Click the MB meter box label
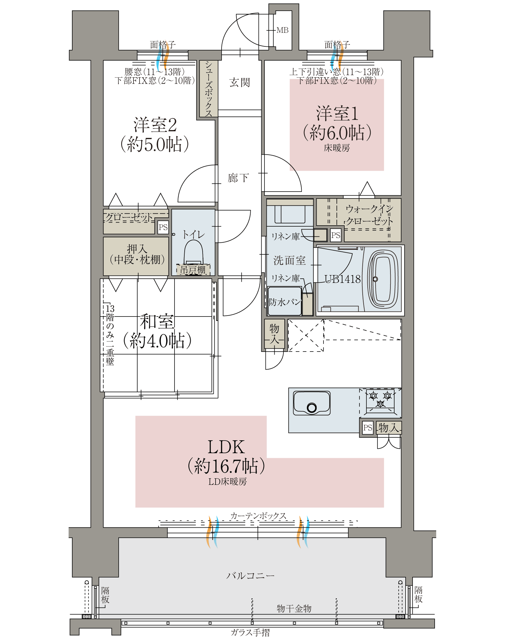pos(282,30)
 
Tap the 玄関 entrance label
pos(240,82)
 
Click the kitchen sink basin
pos(312,403)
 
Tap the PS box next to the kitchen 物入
pos(368,428)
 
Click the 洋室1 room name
pos(337,114)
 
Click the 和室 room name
pos(157,321)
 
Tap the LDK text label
pos(226,447)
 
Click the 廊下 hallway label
pos(238,178)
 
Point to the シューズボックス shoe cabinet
pos(209,89)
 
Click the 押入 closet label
pos(137,249)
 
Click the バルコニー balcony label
pos(250,576)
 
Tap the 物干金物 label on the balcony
pos(294,608)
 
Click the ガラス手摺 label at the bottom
pos(250,632)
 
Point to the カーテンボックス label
pos(258,516)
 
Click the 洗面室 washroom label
pos(289,260)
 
